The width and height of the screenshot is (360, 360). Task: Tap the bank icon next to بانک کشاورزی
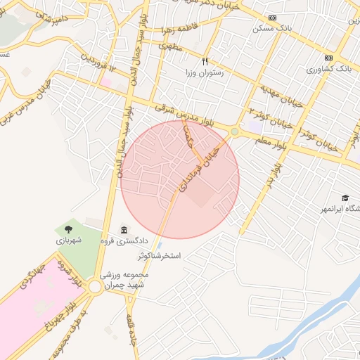point(328,58)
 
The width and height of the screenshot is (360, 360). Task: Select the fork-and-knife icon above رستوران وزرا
point(205,61)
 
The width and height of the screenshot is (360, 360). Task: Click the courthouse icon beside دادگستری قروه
point(124,231)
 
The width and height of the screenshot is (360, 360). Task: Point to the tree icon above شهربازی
point(68,229)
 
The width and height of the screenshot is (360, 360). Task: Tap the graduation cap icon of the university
point(345,198)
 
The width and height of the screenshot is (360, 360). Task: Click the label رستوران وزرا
point(204,72)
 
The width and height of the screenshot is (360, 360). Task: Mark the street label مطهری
point(172,46)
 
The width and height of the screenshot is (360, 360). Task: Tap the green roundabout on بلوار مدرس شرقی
point(234,131)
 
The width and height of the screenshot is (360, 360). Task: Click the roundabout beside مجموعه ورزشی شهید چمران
point(94,287)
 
